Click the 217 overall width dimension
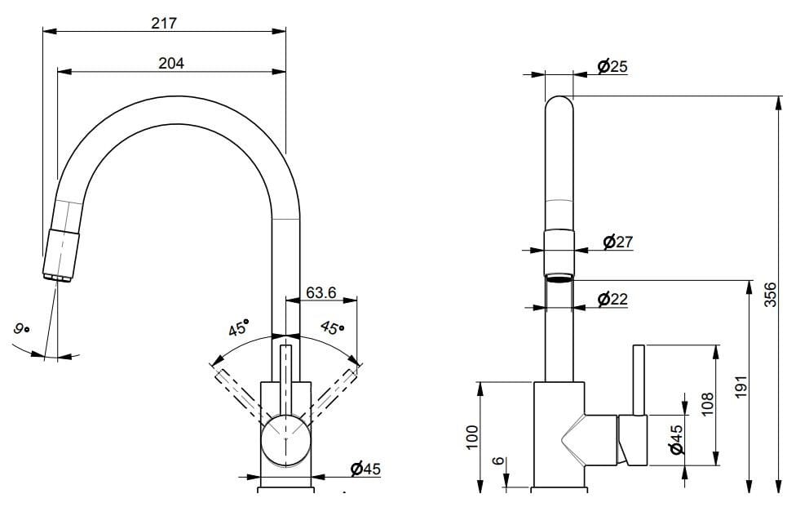point(164,23)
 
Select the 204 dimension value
point(170,63)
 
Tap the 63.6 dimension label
point(321,292)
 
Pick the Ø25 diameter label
point(612,66)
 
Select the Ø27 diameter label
point(617,242)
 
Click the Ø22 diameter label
point(612,299)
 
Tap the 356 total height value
point(770,295)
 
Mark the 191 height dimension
point(740,388)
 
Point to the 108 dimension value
point(707,404)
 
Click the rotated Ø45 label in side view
point(676,439)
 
